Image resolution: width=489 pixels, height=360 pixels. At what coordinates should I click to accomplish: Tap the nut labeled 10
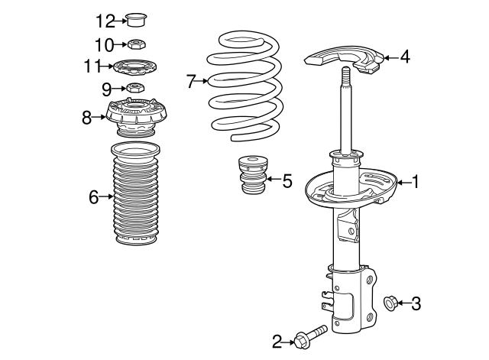(135, 44)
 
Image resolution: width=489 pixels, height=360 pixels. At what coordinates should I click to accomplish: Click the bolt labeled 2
(309, 336)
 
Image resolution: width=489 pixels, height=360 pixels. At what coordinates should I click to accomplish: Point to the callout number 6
(93, 198)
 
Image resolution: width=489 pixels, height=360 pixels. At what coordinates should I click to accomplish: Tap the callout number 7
(191, 79)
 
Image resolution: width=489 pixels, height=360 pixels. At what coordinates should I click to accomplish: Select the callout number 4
(405, 56)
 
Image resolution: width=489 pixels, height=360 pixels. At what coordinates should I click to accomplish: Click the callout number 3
(416, 304)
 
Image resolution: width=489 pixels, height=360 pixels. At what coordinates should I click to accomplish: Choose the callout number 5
(287, 181)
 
